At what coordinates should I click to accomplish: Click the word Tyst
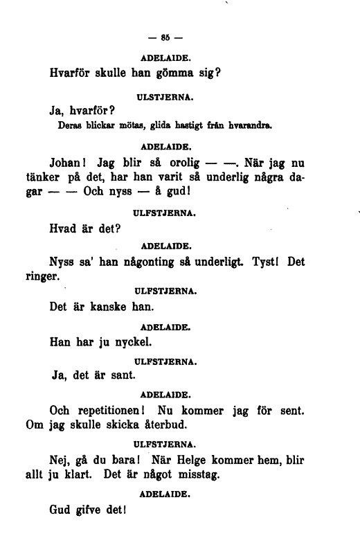point(266,264)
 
